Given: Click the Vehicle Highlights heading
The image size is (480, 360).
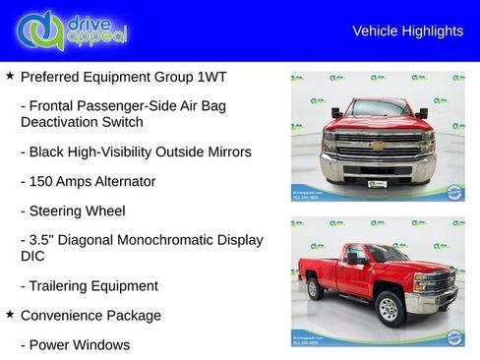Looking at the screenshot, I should [x=407, y=31].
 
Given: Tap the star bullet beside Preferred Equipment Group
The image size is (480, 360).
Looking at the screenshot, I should [x=10, y=76].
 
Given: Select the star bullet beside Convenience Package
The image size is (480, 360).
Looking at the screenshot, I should [x=10, y=315].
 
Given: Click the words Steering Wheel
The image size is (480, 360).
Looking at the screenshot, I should [x=77, y=210].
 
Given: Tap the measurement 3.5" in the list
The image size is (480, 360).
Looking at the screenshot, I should [x=45, y=240].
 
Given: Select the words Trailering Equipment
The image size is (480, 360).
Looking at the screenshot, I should [x=94, y=286].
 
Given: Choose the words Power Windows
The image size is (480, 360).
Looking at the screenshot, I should [x=80, y=345].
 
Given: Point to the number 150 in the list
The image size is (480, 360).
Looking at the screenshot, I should [x=43, y=182].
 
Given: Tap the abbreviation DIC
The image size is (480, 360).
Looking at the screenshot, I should [x=32, y=257].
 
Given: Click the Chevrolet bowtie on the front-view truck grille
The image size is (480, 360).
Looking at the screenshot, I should [x=378, y=145].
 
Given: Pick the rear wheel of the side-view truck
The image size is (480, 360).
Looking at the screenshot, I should [x=315, y=289].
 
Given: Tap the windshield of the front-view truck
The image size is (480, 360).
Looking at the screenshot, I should [x=379, y=109].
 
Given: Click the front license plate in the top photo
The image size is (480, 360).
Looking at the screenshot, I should [x=378, y=182].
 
